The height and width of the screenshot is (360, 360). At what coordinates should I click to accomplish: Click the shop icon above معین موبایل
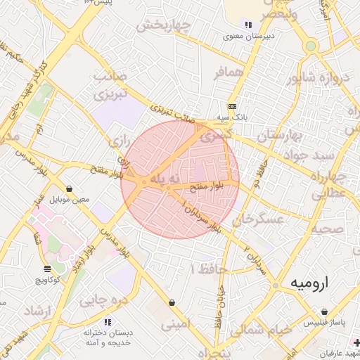pyautogui.click(x=70, y=188)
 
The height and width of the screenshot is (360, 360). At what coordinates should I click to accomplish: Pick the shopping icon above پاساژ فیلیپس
pyautogui.click(x=323, y=311)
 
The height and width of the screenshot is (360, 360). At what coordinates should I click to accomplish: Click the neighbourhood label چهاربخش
pyautogui.click(x=164, y=26)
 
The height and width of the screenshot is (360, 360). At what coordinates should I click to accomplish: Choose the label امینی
pyautogui.click(x=176, y=325)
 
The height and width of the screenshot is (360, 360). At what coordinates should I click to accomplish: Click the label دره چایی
pyautogui.click(x=98, y=301)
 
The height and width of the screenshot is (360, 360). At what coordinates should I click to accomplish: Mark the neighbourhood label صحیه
pyautogui.click(x=328, y=229)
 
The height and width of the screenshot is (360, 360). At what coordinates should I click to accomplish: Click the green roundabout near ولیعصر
pyautogui.click(x=310, y=46)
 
